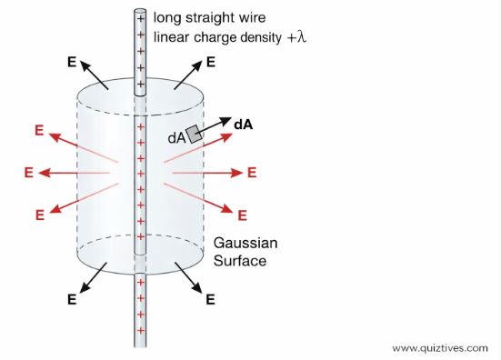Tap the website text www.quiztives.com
(x=443, y=347)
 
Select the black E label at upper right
(x=211, y=63)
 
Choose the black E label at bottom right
(x=210, y=298)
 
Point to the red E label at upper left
(x=39, y=130)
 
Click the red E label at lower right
(x=242, y=215)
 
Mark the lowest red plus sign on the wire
(x=140, y=328)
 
